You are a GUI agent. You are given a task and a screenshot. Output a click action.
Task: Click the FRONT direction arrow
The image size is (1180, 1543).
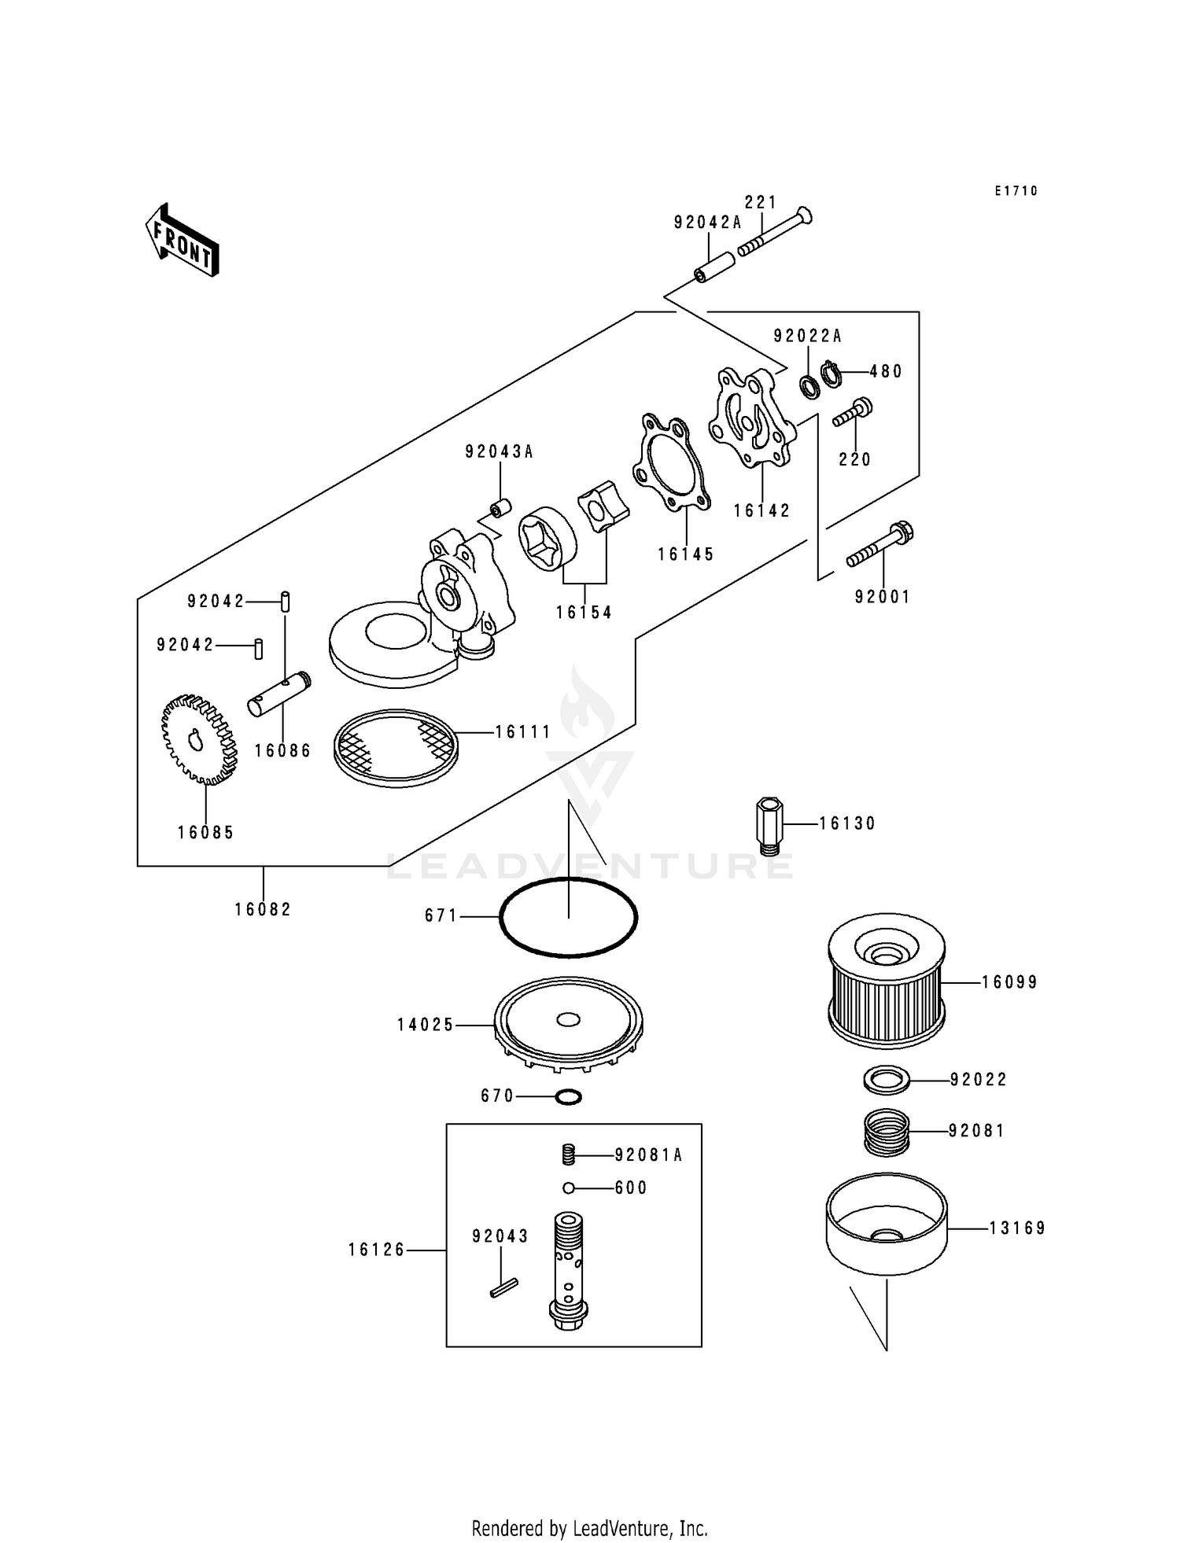[182, 240]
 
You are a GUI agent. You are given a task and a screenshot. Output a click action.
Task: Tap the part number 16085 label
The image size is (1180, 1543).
[206, 832]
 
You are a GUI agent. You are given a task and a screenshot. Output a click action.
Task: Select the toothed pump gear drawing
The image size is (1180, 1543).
[199, 739]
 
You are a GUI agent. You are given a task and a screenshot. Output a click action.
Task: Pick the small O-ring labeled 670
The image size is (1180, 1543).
[569, 1096]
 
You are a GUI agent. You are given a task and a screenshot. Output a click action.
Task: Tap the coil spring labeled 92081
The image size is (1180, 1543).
[887, 1132]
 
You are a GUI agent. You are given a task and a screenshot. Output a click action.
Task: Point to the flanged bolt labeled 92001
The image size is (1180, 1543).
[881, 546]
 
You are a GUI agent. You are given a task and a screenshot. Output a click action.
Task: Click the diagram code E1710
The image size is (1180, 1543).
[1016, 191]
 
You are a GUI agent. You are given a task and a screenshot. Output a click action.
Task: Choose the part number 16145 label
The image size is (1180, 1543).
[686, 554]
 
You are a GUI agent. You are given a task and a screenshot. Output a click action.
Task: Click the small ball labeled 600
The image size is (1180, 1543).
[569, 1188]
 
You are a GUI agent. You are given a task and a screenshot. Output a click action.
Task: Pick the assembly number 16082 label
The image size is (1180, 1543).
[263, 909]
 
